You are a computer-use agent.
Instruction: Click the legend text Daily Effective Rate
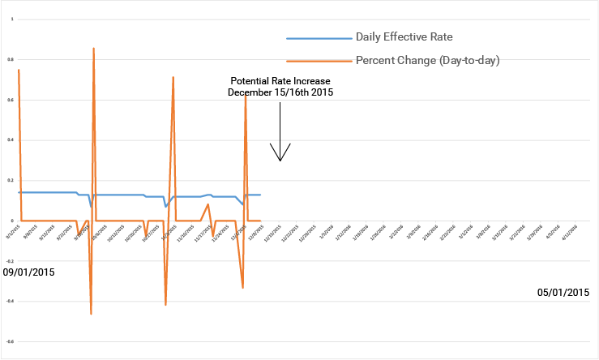pos(404,37)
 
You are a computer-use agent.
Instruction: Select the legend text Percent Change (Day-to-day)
pos(427,61)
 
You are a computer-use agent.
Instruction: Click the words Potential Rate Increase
pos(280,81)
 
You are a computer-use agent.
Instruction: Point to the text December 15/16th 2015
pos(280,92)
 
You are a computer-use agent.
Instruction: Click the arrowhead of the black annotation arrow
pos(280,159)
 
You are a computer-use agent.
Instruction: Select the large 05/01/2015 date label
pos(563,292)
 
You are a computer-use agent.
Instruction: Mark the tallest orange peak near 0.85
pos(94,49)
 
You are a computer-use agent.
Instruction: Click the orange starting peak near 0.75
pos(18,70)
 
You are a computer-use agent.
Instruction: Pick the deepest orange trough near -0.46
pos(91,314)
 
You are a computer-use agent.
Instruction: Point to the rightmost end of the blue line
pos(260,195)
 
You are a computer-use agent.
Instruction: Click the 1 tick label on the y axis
pos(11,19)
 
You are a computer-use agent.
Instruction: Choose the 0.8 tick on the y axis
pos(10,59)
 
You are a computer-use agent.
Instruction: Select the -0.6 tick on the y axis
pos(9,342)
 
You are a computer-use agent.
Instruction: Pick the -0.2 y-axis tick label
pos(9,261)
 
